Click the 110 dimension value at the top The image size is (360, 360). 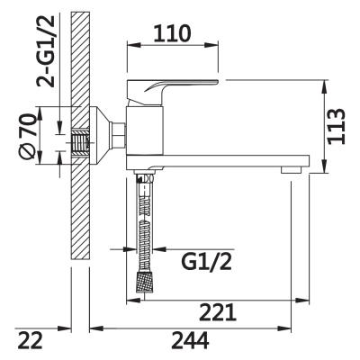[171, 33]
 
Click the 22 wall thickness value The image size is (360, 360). [32, 341]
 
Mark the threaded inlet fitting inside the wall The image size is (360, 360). [83, 141]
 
